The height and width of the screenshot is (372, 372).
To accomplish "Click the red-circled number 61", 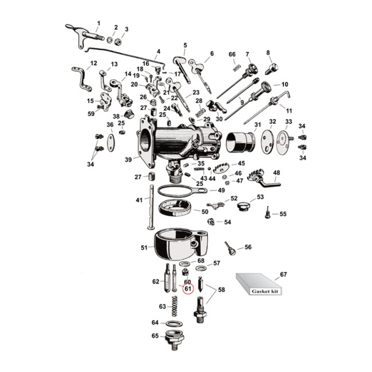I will pos(188,289).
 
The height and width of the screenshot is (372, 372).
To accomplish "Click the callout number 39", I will pos(128,159).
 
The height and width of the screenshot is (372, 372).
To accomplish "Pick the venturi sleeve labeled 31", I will pos(241,141).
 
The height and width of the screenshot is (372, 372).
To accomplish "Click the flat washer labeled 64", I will pos(173,323).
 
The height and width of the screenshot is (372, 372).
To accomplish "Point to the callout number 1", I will pos(98,23).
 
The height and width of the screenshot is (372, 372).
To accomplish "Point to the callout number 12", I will pos(93,63).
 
